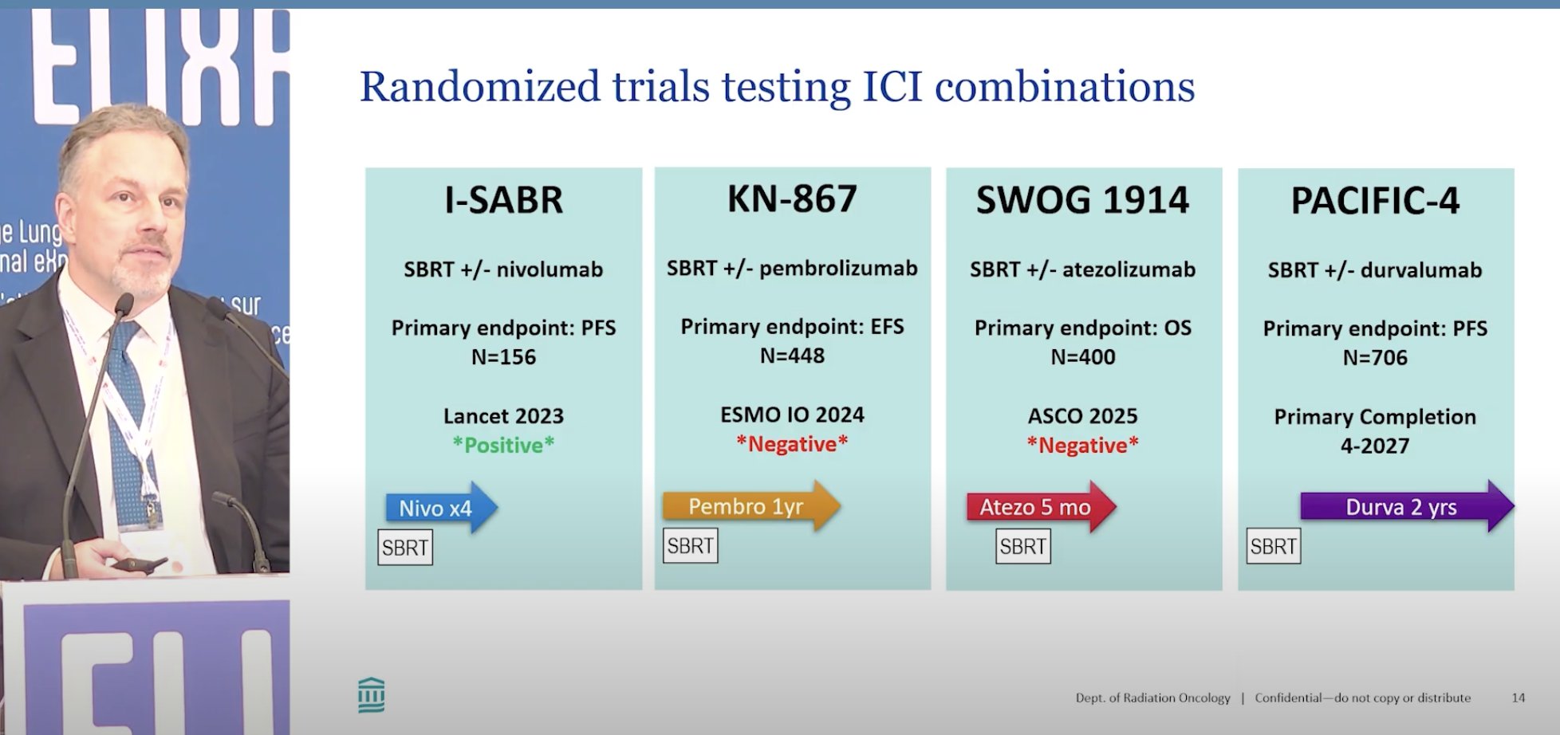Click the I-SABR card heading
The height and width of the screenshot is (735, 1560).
coord(503,199)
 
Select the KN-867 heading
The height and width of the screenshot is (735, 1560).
coord(792,198)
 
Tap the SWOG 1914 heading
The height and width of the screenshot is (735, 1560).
coord(1082,199)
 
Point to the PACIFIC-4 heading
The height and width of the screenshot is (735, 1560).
coord(1375,200)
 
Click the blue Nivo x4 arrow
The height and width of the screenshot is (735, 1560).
coord(442,508)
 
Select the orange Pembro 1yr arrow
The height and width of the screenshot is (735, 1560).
coord(751,506)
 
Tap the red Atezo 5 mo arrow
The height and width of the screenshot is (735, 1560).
coord(1042,507)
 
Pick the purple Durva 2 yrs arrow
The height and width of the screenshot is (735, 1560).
coord(1407,507)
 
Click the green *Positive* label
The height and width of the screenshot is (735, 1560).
coord(503,445)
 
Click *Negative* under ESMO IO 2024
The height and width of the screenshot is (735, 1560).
coord(792,443)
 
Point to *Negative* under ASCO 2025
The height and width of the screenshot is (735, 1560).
coord(1082,445)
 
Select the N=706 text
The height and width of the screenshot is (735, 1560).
coord(1375,358)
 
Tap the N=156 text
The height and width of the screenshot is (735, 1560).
coord(503,357)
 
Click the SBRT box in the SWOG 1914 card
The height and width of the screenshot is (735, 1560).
coord(1023,547)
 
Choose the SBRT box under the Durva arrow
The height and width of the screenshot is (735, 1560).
coord(1274,547)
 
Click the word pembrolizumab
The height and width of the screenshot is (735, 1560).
coord(838,269)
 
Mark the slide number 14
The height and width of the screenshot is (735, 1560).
coord(1518,698)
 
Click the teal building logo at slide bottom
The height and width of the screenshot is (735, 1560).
coord(372,695)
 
